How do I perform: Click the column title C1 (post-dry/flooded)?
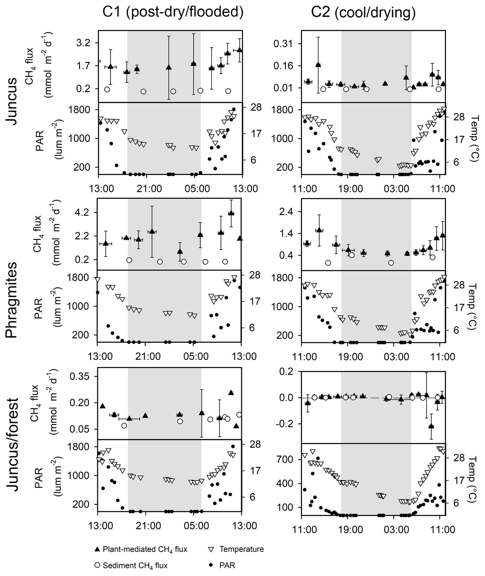pyautogui.click(x=173, y=12)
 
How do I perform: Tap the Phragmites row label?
pyautogui.click(x=11, y=300)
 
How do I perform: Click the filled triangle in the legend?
pyautogui.click(x=97, y=549)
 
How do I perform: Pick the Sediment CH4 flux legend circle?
pyautogui.click(x=97, y=565)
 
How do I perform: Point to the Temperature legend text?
pyautogui.click(x=241, y=549)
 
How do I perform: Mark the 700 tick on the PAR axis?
pyautogui.click(x=285, y=459)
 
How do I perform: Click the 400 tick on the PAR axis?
pyautogui.click(x=285, y=483)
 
